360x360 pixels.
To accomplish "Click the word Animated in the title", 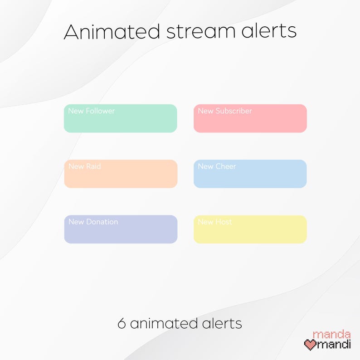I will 112,31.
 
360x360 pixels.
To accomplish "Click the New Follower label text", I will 92,111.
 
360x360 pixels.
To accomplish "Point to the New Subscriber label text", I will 225,111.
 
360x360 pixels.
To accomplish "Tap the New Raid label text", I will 85,166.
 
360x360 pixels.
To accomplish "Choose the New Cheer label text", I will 217,166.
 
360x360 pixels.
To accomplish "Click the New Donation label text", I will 93,222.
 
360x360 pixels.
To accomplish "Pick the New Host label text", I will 215,222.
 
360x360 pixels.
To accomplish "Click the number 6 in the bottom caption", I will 122,324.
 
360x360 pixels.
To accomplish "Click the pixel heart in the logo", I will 310,345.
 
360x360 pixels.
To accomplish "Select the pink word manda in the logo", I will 332,335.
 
